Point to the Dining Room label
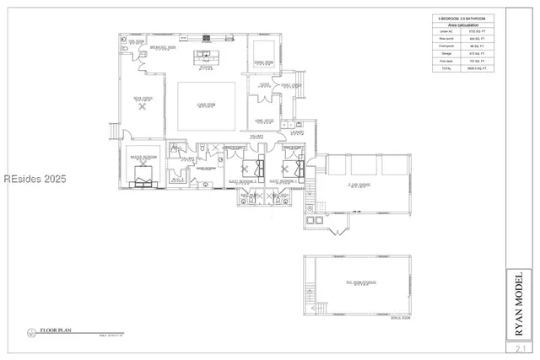pos(265,63)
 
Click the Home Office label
pos(265,120)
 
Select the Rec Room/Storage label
pos(357,284)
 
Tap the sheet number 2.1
pos(519,347)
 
